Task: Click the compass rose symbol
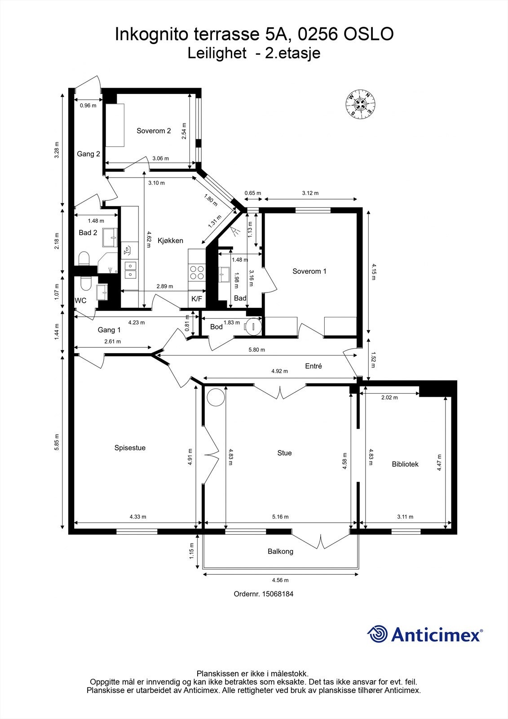[x=360, y=104]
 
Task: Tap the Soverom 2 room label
[x=154, y=131]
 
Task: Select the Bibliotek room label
[x=405, y=464]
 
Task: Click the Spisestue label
[x=130, y=448]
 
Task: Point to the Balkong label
[x=280, y=551]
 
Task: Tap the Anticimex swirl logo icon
[x=378, y=634]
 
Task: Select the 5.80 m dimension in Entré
[x=256, y=350]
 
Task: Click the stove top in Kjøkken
[x=197, y=272]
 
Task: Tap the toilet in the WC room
[x=85, y=283]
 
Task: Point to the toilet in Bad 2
[x=84, y=259]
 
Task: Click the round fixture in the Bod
[x=253, y=325]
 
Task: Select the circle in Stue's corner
[x=215, y=397]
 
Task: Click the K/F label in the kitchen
[x=197, y=298]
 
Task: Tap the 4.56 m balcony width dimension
[x=280, y=580]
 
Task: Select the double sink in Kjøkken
[x=130, y=269]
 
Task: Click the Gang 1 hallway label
[x=109, y=330]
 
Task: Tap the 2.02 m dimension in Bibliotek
[x=389, y=397]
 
